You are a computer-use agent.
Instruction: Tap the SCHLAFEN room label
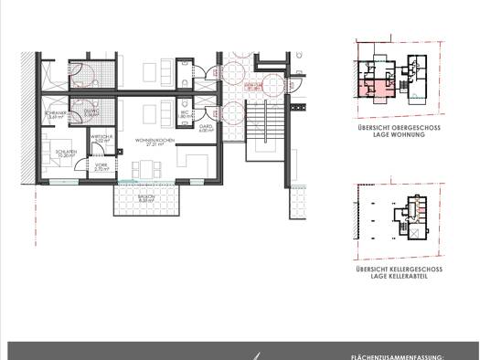coord(65,152)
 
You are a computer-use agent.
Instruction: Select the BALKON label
coord(146,196)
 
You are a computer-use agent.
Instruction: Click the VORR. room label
coord(101,164)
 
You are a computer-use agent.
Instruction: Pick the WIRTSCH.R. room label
coord(101,136)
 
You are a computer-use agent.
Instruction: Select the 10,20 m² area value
coord(65,156)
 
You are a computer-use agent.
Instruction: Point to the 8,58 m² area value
coord(146,201)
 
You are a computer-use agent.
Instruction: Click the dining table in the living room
coord(146,169)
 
